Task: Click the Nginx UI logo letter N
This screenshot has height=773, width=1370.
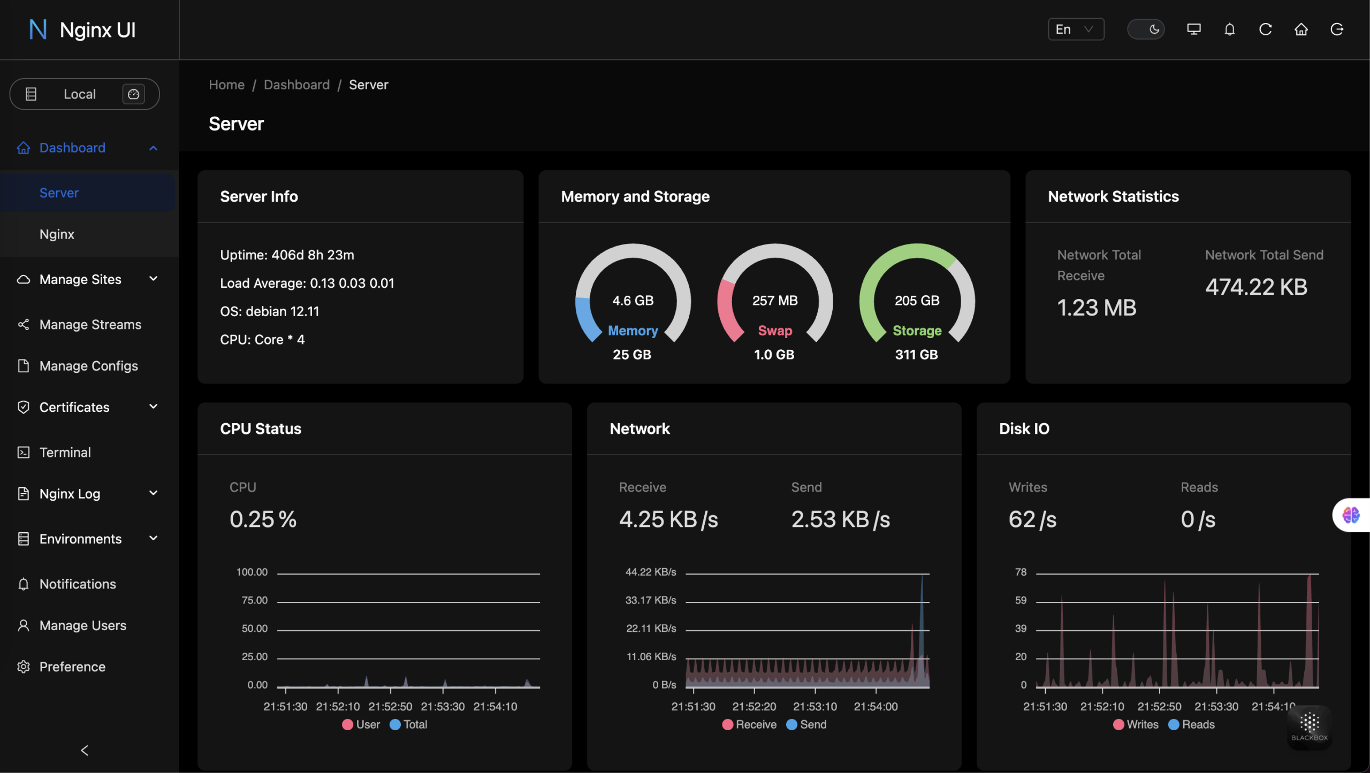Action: (x=37, y=29)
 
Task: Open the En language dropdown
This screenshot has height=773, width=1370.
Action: (x=1075, y=29)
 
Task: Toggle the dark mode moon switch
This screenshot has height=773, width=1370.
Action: (x=1145, y=29)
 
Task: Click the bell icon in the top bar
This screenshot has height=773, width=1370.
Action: (x=1229, y=29)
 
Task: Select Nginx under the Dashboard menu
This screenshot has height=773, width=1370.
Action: (x=57, y=234)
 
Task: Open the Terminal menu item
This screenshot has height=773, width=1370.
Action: (x=65, y=453)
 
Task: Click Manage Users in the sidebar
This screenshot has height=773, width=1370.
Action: (x=83, y=625)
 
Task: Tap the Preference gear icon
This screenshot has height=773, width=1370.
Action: (x=24, y=667)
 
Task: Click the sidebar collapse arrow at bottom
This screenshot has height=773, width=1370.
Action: (x=85, y=751)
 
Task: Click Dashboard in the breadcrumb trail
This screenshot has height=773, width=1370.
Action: (x=296, y=85)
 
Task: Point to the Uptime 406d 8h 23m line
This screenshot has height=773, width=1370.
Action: (x=287, y=255)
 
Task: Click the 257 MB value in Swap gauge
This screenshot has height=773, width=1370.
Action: (x=774, y=301)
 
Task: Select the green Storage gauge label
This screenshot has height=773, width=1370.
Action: (x=917, y=331)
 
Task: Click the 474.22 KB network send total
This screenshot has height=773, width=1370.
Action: (x=1255, y=287)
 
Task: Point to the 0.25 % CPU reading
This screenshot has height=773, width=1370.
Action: (x=263, y=519)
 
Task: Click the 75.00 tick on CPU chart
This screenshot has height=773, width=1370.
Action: (x=254, y=600)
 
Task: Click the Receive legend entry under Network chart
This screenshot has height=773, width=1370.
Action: (x=749, y=724)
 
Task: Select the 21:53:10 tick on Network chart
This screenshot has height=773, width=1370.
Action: (x=815, y=707)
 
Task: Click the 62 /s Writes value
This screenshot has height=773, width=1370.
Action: (x=1032, y=519)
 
